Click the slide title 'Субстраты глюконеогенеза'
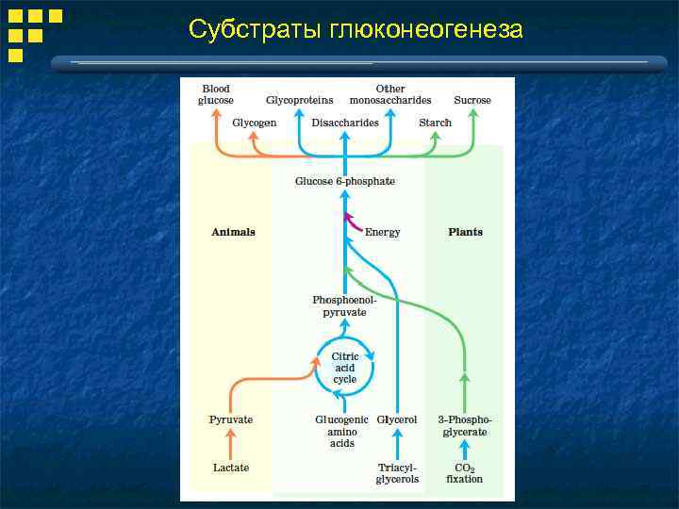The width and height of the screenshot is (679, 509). point(356,29)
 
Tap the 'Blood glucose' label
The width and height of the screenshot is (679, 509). point(216,94)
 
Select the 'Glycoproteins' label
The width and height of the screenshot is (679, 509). point(299,100)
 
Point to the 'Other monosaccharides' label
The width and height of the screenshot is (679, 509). point(390,94)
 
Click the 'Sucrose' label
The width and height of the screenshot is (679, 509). point(472,100)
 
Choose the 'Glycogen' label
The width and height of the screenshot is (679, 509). point(255,123)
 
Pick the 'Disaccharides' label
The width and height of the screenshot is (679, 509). point(345,123)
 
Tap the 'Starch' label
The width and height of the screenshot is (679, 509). point(435,123)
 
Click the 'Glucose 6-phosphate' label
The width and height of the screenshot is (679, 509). point(345,180)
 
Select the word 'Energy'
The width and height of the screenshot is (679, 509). point(382,232)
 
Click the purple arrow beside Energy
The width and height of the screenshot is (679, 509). point(353,224)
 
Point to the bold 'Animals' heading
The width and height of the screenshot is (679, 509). point(233,232)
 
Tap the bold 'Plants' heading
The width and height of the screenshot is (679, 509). point(465,232)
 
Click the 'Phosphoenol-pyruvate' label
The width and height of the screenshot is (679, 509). point(339,305)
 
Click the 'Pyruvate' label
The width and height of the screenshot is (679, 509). point(231,419)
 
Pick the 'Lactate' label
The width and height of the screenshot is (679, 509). point(231,468)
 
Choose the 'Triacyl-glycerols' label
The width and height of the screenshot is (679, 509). point(397,473)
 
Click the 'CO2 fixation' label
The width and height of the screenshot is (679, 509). point(464,473)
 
